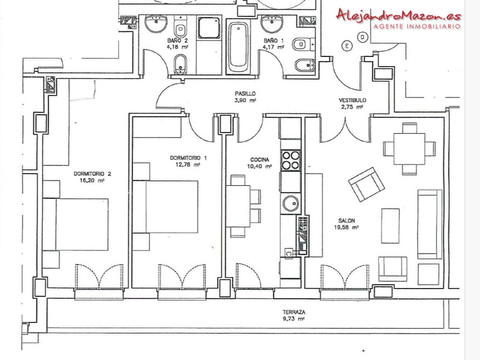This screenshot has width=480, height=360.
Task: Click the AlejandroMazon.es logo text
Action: coord(399,15)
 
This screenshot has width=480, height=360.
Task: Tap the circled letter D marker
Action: coord(363,37)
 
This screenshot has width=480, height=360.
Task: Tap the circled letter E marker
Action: coord(347,46)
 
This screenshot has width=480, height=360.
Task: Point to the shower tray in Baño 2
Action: coord(209,28)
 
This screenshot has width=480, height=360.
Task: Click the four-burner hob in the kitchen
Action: coord(291,161)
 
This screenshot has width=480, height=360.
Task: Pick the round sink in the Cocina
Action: coord(291,203)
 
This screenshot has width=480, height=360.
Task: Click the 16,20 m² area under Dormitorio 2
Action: coord(92,181)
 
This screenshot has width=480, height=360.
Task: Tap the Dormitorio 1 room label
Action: coord(188,158)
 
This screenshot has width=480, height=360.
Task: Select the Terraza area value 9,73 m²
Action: coord(294,319)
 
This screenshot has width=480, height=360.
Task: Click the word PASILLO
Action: coord(245,94)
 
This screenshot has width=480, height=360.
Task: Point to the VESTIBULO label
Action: coord(352,100)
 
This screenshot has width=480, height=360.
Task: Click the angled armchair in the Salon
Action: coord(366,184)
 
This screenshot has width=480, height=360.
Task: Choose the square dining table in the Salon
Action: coord(409,149)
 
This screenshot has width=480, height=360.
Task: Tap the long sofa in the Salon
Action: coord(430,224)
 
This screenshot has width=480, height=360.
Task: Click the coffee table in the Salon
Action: coord(390,226)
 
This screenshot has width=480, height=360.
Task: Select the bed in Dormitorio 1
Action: coord(165,207)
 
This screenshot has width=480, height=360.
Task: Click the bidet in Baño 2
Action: coord(181,64)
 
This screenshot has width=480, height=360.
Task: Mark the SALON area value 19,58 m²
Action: coord(346,227)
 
